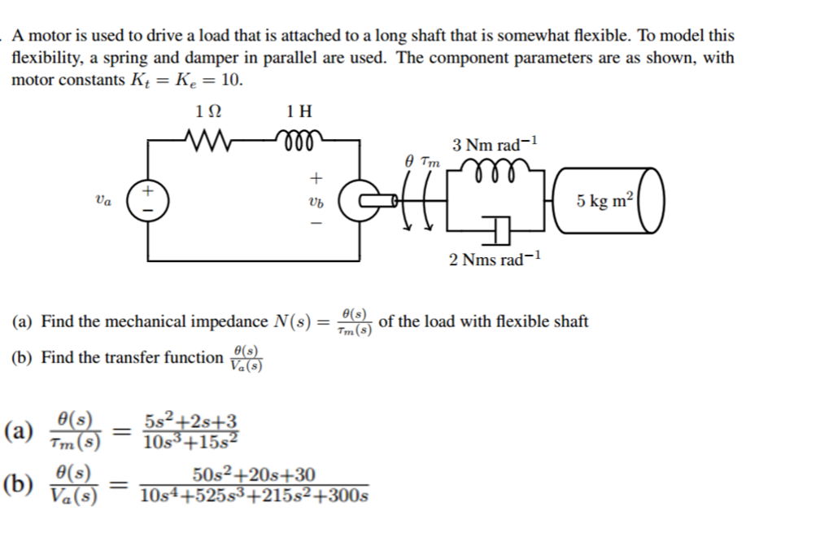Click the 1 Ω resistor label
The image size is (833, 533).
[208, 111]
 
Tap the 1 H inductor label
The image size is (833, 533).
[299, 111]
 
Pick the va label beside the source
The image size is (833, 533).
[103, 199]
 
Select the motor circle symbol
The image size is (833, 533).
[357, 202]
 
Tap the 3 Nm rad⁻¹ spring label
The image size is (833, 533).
[495, 144]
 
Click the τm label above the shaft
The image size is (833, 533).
[431, 161]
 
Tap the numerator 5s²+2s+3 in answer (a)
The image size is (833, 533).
[190, 422]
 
